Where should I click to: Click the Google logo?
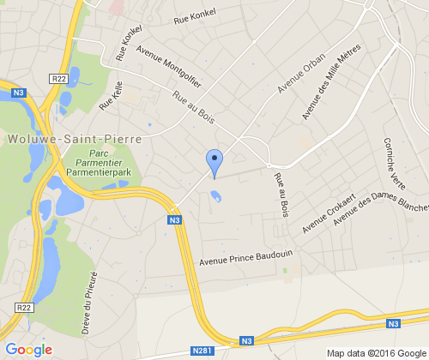click(x=29, y=350)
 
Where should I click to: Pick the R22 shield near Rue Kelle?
click(x=59, y=79)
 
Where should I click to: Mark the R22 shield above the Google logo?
click(x=25, y=307)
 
